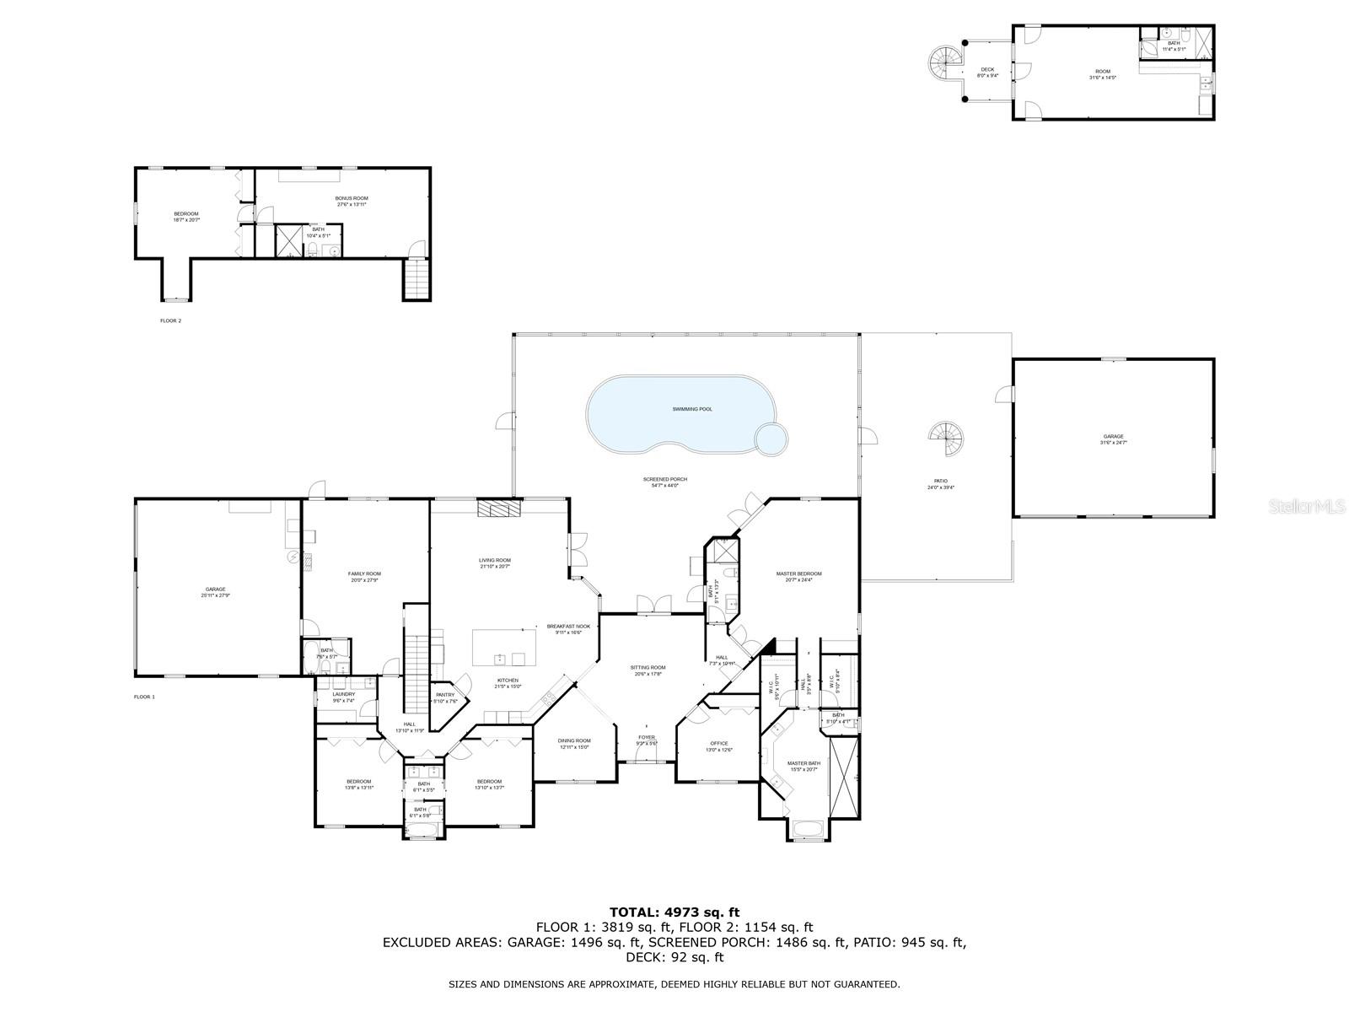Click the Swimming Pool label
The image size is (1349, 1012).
click(x=692, y=409)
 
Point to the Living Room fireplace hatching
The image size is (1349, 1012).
click(x=499, y=508)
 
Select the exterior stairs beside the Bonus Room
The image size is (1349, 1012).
click(x=417, y=279)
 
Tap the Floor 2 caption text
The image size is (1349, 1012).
click(x=170, y=320)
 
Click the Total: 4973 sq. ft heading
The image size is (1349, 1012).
click(x=674, y=912)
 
